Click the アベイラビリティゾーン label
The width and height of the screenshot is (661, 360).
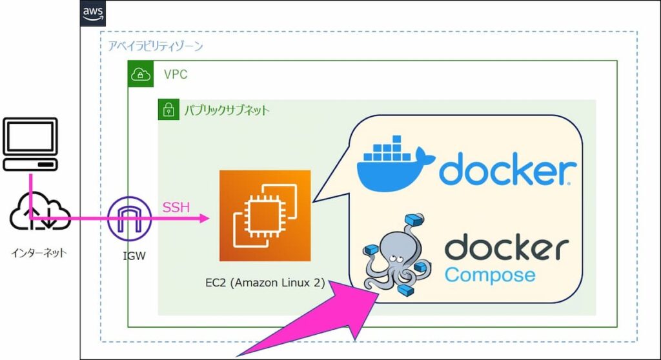156,46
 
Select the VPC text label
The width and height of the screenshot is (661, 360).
176,75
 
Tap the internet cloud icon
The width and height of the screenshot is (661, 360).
39,215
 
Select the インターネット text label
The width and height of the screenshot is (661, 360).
39,253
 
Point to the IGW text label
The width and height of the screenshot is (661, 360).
134,256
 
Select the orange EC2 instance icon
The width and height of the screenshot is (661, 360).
265,215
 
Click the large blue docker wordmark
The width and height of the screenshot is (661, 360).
507,171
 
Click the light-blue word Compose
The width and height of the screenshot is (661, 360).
490,275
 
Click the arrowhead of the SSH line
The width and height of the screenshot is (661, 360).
205,219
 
